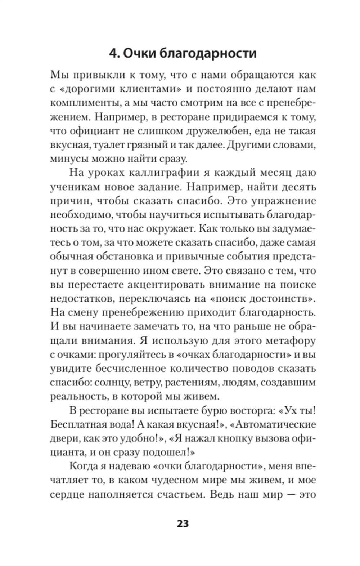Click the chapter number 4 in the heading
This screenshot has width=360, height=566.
(113, 53)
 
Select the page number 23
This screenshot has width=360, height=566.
(183, 523)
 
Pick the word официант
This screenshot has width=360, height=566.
(96, 131)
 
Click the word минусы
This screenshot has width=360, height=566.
(70, 159)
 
